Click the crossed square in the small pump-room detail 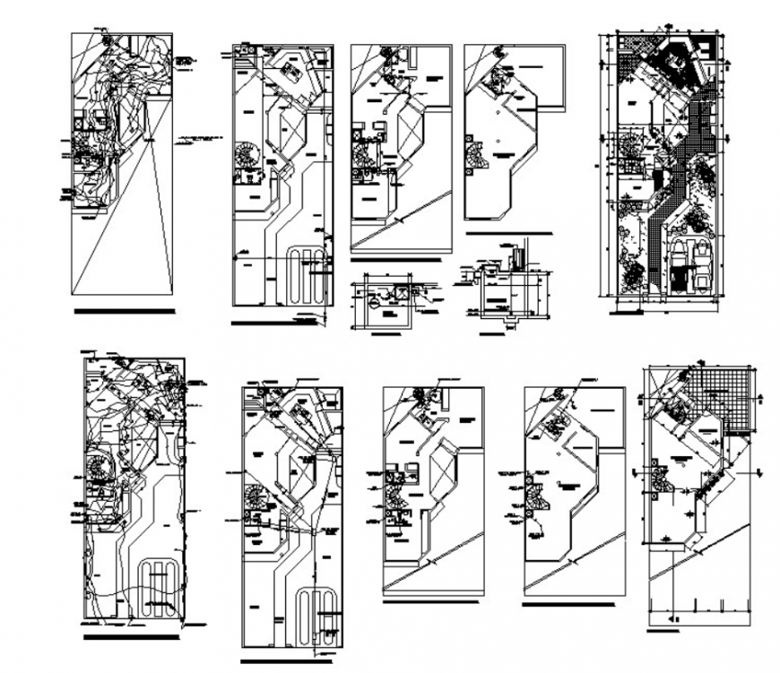[x=402, y=293]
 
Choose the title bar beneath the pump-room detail [x=386, y=334]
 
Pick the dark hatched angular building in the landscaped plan [x=675, y=63]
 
